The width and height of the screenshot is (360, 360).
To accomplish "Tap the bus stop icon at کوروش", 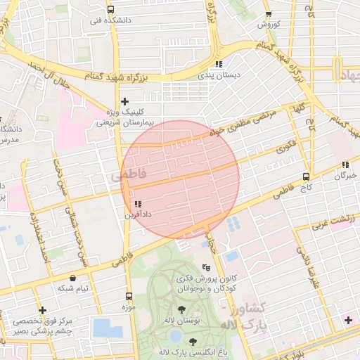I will tap(267, 15).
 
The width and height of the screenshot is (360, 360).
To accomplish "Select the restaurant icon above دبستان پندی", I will tap(218, 64).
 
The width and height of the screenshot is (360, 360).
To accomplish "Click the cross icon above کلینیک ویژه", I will tap(124, 102).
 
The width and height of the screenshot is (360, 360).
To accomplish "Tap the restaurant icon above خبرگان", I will tap(345, 165).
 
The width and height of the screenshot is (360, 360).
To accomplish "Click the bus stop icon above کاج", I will tap(305, 176).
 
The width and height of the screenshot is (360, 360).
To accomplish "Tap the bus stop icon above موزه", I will tap(128, 296).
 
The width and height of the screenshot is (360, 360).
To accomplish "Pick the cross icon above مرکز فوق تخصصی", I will tap(42, 310).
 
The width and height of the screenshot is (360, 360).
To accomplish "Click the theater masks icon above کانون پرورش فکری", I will tap(206, 268).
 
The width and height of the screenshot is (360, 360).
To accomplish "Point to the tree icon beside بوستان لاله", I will tap(181, 310).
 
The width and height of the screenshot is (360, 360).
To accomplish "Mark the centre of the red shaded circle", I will tap(181, 179).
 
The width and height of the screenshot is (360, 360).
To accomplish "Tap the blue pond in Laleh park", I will tap(107, 328).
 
